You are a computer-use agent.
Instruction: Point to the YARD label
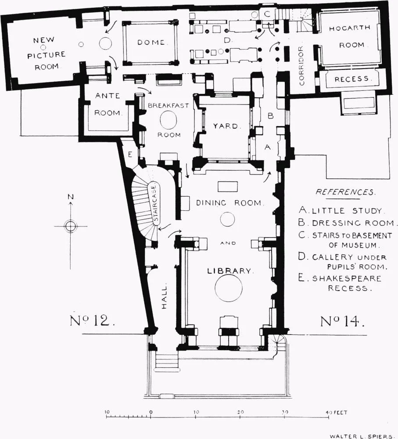(227, 126)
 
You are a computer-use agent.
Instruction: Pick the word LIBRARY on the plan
(229, 271)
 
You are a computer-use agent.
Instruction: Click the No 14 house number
(342, 321)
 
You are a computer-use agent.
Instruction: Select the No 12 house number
(93, 321)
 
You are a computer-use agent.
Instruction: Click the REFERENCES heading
(345, 192)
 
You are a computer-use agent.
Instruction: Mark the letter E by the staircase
(129, 154)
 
